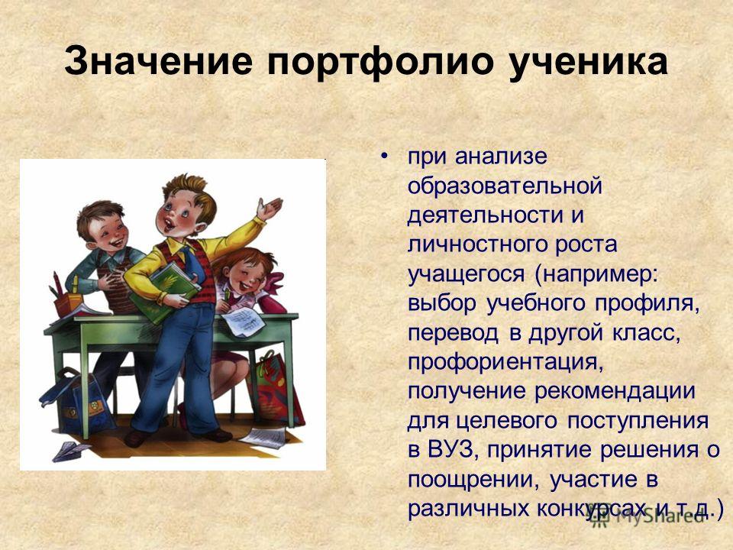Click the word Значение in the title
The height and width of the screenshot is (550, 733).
(158, 61)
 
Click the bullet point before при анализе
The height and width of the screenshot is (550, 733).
(384, 156)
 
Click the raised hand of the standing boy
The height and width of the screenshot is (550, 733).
(270, 208)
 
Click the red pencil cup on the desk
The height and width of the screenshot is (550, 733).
(68, 304)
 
